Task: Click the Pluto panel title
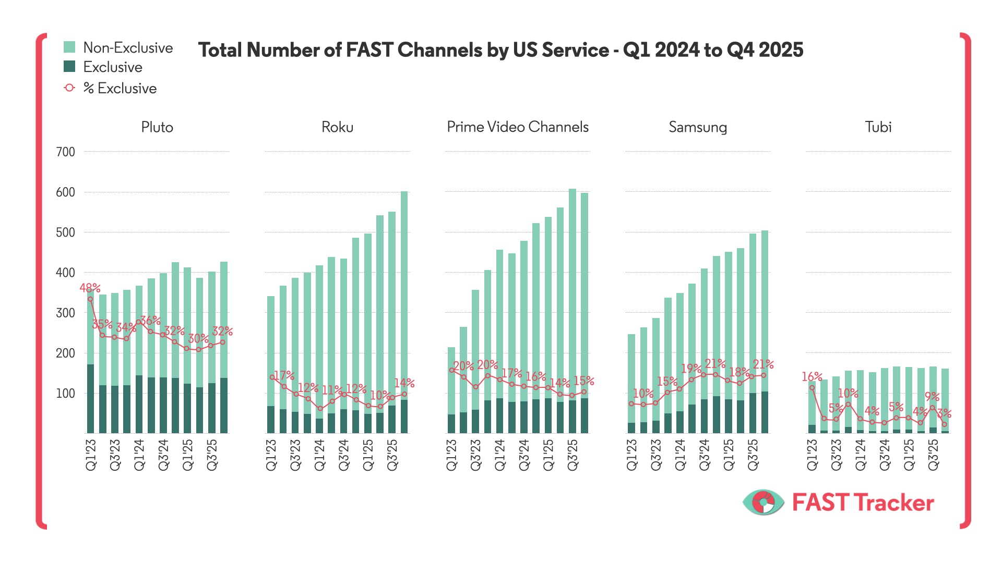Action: pos(157,127)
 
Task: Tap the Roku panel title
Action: pos(337,127)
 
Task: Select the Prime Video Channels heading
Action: pos(517,127)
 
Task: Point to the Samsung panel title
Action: pos(698,127)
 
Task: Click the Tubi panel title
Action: pos(878,127)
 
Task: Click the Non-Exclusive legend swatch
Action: pos(69,47)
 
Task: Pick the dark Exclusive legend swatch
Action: pos(69,67)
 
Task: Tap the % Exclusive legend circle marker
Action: pos(69,88)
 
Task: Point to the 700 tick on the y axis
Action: pos(66,152)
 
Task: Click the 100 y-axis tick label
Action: pos(66,394)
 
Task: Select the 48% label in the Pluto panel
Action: pos(90,288)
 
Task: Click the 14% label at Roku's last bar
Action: pos(404,383)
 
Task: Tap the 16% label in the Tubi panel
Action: pos(812,376)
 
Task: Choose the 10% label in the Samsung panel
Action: pos(643,394)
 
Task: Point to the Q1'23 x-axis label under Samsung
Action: pos(631,455)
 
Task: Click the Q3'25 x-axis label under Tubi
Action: pos(933,455)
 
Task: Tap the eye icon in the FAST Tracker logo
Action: pos(764,503)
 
